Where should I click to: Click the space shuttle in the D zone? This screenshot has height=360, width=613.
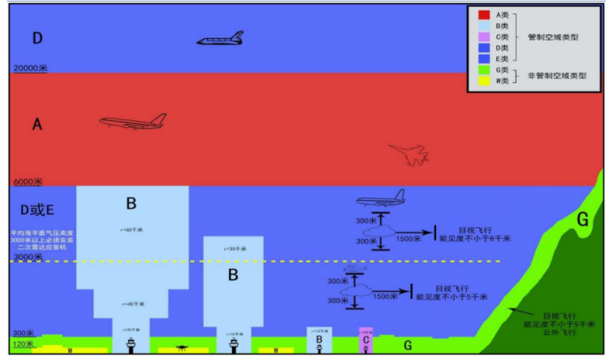(x=221, y=40)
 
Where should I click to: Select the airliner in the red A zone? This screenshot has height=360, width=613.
(x=133, y=122)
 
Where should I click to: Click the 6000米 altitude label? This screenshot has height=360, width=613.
(x=27, y=181)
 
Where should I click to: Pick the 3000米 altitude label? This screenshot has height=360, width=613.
(x=27, y=257)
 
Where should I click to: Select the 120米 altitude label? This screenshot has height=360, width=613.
(x=24, y=343)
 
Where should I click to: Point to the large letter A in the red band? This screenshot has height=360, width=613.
(x=36, y=125)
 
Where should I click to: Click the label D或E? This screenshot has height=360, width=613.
(x=37, y=209)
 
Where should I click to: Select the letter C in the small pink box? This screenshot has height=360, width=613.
(x=365, y=341)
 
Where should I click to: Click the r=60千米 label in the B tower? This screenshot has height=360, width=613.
(x=131, y=231)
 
